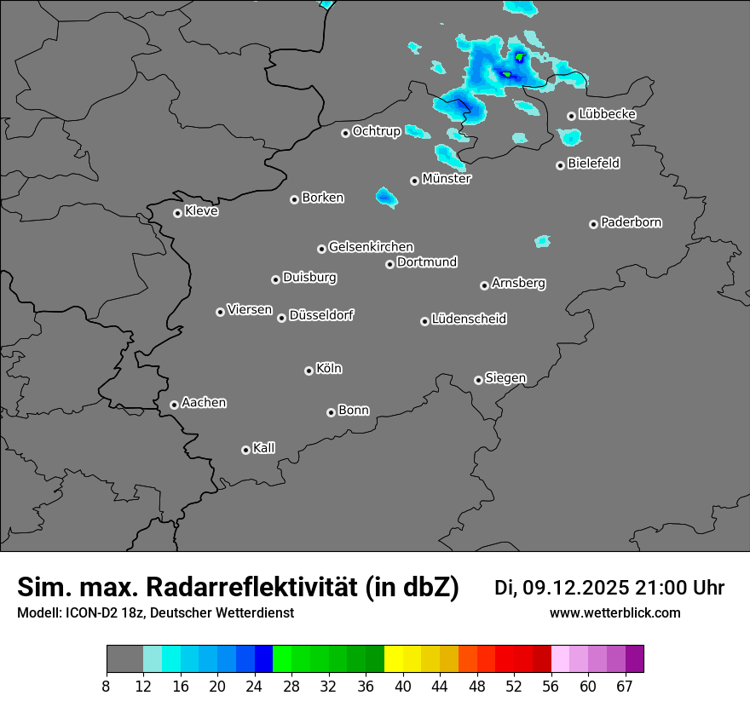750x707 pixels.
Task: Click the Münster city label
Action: tap(446, 179)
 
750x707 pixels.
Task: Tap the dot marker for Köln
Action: tap(309, 371)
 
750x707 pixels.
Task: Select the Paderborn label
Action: tap(631, 222)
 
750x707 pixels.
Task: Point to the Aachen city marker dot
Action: tap(174, 405)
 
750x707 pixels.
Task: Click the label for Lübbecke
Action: tap(607, 114)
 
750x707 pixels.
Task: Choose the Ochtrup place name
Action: tap(376, 131)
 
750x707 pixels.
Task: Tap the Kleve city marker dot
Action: tap(177, 213)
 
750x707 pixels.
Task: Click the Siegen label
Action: tap(505, 378)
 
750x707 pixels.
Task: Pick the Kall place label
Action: tap(263, 448)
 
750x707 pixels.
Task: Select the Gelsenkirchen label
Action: tap(371, 247)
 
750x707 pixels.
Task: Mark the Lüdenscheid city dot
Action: tap(424, 321)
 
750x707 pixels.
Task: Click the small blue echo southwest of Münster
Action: tap(386, 198)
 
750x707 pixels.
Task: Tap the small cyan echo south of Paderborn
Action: tap(542, 242)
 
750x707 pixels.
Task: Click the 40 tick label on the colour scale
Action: tap(403, 687)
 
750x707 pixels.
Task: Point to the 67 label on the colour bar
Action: tap(625, 687)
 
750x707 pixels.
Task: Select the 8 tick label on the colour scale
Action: tap(107, 687)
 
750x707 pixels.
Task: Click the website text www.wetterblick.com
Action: tap(614, 612)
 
